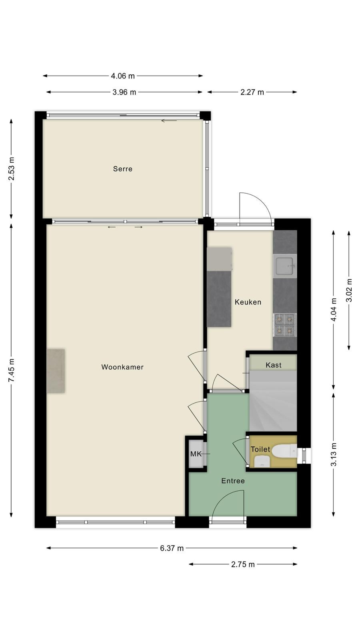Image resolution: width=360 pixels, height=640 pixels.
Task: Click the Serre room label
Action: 122,169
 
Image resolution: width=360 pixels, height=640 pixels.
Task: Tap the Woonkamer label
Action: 122,367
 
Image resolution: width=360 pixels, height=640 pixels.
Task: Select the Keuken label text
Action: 248,302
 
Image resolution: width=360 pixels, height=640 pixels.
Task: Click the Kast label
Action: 274,365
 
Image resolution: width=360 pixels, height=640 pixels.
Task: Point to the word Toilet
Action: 260,449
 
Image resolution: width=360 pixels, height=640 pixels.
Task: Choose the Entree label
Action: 233,481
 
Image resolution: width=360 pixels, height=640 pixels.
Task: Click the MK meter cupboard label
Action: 196,454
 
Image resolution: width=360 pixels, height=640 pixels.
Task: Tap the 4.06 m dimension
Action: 123,76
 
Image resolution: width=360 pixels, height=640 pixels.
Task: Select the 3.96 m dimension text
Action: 124,92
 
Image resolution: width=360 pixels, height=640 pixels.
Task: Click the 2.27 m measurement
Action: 252,92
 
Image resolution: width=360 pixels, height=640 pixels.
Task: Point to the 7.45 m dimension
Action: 12,370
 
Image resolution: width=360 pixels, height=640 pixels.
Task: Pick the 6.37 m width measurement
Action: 172,548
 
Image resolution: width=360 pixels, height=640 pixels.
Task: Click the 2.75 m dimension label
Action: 243,564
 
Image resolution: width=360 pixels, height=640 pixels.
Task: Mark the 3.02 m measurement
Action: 349,290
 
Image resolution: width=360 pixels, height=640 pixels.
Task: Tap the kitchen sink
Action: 285,266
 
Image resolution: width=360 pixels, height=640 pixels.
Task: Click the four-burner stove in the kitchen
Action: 285,325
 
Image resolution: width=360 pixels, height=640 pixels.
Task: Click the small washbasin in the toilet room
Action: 262,462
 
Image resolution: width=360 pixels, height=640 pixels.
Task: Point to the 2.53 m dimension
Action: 12,169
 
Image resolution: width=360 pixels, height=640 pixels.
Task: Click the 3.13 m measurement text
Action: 334,454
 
